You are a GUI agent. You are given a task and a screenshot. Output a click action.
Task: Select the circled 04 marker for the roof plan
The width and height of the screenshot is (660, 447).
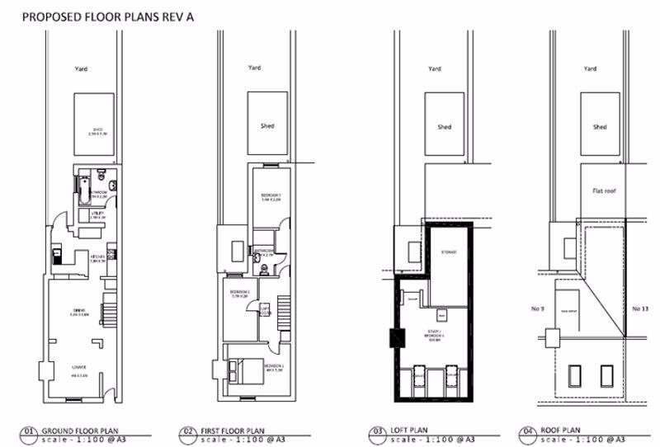click(529, 431)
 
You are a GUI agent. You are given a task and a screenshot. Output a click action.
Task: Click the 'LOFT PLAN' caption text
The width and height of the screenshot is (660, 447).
click(410, 429)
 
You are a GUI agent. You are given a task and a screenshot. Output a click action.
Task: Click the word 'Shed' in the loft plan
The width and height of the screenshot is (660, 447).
click(444, 127)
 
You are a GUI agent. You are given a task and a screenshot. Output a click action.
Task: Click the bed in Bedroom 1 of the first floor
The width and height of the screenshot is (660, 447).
click(242, 366)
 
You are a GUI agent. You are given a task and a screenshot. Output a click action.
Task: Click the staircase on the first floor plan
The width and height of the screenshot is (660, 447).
click(285, 314)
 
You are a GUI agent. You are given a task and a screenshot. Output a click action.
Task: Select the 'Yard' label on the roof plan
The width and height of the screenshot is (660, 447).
click(590, 69)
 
